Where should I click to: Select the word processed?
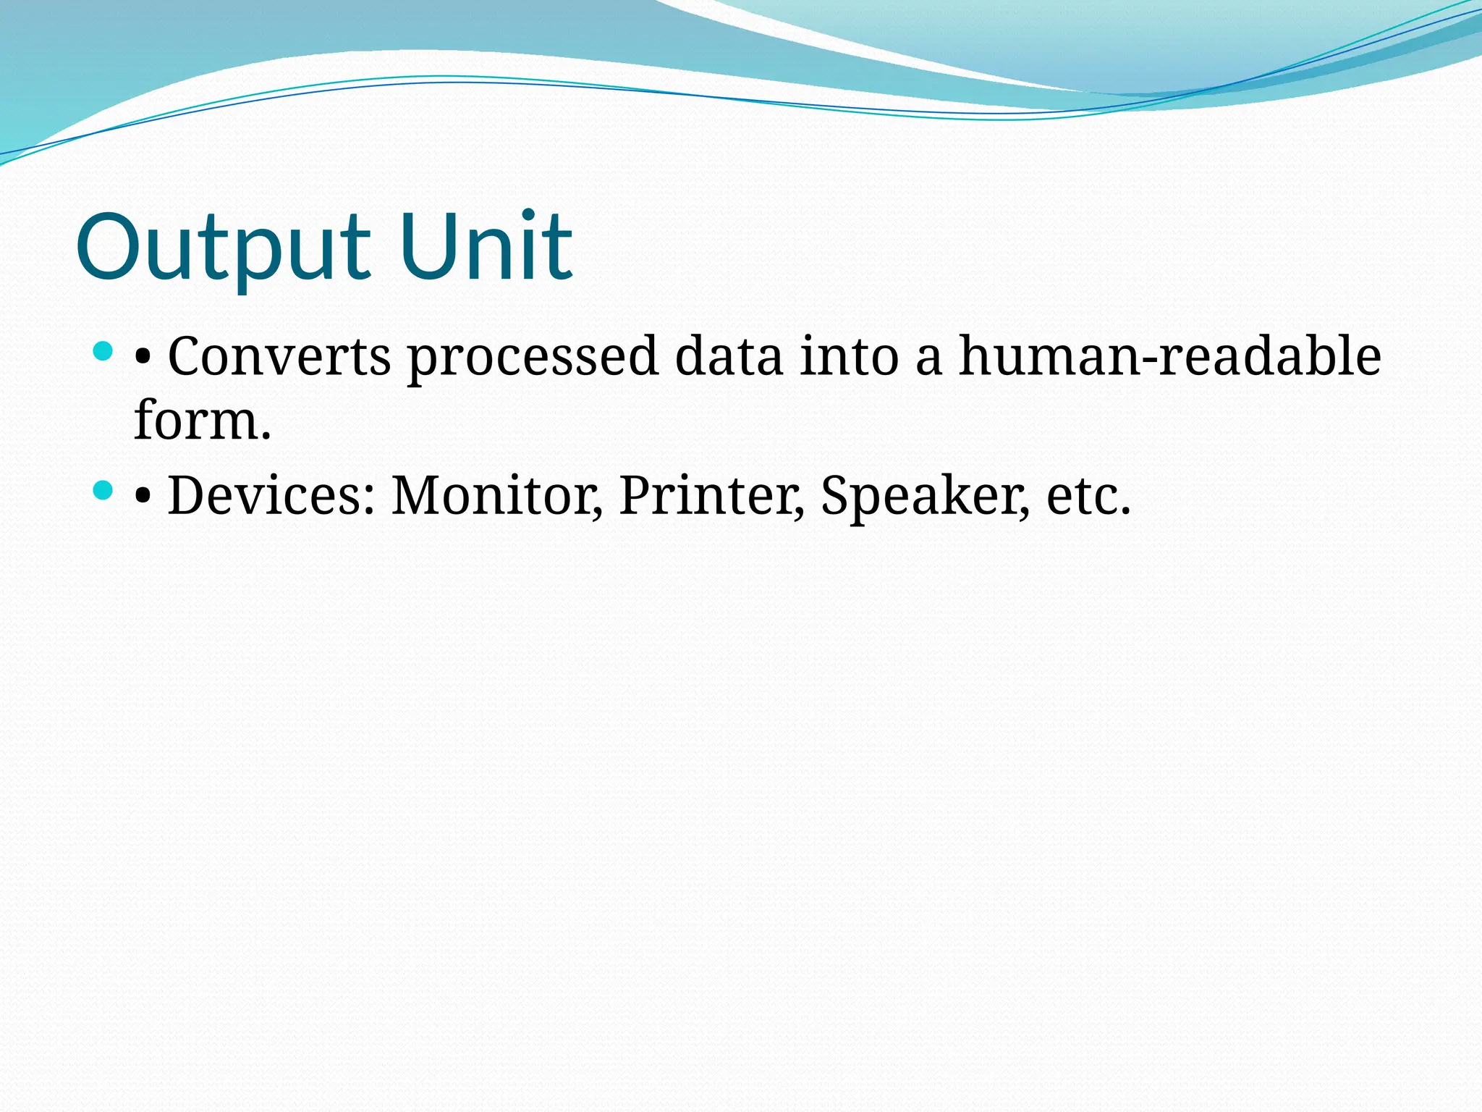point(533,358)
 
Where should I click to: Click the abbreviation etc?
point(1088,497)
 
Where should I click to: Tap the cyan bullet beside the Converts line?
point(103,353)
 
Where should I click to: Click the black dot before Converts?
point(143,358)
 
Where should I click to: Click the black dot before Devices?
point(143,497)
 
